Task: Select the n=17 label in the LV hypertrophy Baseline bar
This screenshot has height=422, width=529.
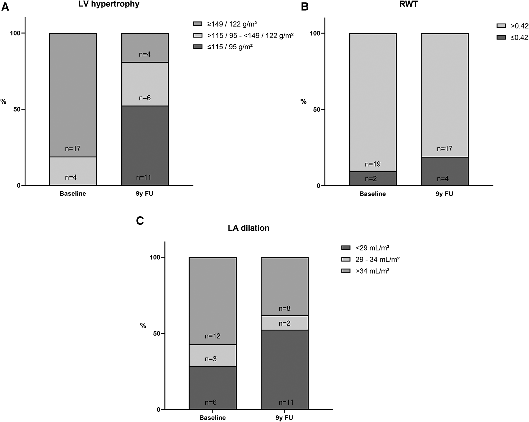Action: tap(73, 149)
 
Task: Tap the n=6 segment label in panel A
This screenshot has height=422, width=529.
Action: tap(145, 98)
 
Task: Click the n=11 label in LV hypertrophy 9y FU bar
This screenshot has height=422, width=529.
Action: tap(143, 178)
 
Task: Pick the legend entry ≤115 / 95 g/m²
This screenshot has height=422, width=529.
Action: tap(230, 47)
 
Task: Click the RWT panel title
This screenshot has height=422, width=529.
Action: tap(408, 4)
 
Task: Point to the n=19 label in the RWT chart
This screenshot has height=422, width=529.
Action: tap(372, 164)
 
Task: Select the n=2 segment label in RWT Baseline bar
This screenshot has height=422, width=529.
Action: tap(371, 179)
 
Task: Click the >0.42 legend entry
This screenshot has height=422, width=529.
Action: tap(519, 26)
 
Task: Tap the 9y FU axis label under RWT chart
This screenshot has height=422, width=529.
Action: tap(444, 194)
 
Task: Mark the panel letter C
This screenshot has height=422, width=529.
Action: tap(140, 221)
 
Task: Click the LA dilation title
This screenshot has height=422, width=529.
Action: tap(248, 228)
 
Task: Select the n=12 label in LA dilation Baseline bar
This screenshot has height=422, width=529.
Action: tap(212, 336)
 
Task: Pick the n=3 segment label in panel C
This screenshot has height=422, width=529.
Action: tap(211, 359)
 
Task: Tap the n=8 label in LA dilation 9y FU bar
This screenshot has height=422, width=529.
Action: tap(284, 308)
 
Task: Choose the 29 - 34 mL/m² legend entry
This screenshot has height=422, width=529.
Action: tap(377, 259)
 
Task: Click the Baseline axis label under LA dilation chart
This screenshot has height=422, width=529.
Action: tap(212, 418)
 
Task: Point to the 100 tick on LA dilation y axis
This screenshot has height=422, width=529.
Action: tap(155, 257)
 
